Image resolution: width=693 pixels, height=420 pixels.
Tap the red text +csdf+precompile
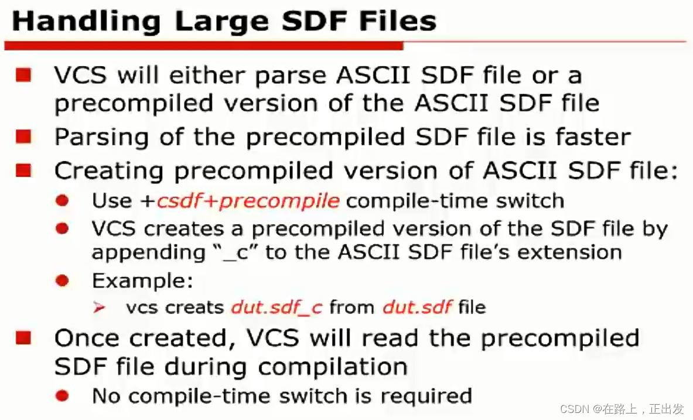247,201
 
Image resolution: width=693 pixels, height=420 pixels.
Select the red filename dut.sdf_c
276,307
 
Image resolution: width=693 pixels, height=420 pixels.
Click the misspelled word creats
195,307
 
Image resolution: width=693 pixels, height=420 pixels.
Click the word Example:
142,281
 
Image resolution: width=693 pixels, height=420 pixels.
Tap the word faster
593,137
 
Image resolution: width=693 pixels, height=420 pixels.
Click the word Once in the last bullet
88,338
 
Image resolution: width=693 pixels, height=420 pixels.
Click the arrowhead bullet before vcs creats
100,307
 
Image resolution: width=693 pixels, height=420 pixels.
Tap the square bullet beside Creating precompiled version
23,170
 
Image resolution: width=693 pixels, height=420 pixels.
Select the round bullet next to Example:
62,281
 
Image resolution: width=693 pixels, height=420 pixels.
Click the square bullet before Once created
23,338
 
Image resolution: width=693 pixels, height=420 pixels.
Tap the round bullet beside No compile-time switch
62,396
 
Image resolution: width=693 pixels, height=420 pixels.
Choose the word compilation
333,367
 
